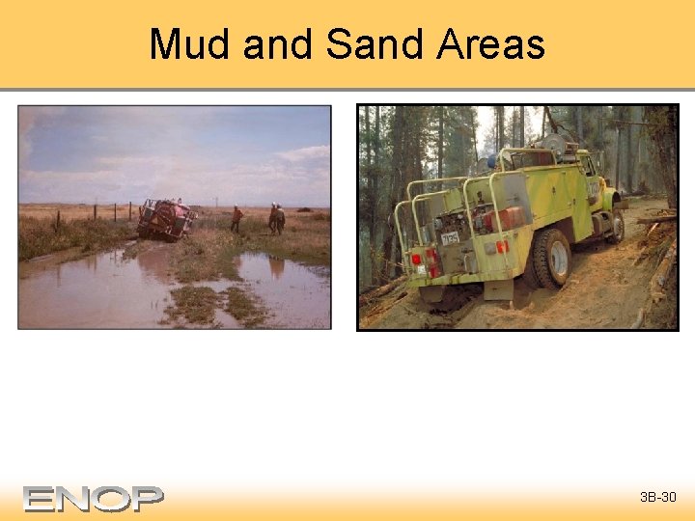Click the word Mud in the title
(190, 44)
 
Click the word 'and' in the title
(278, 44)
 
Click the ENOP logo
(94, 498)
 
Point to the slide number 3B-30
(658, 498)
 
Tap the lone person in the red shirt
(236, 219)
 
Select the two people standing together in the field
(276, 219)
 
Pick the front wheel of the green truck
(613, 226)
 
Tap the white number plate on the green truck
(449, 237)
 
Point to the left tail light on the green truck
(417, 259)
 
